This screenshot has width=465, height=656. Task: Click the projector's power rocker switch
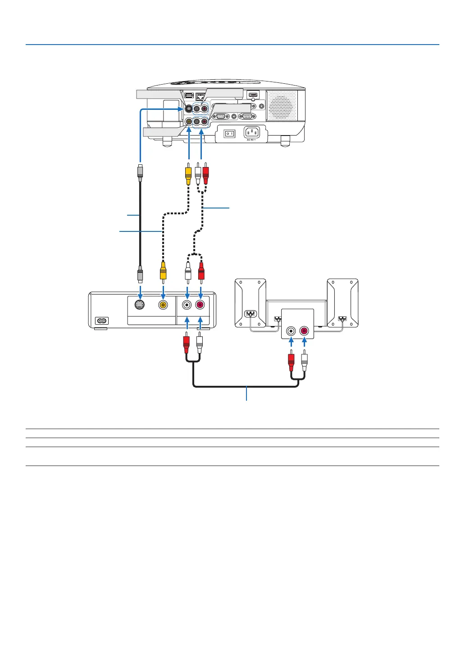coord(230,133)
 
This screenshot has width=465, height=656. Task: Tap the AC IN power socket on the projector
coord(252,132)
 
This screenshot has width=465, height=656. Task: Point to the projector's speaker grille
coord(282,106)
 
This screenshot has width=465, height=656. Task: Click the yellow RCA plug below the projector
coord(188,174)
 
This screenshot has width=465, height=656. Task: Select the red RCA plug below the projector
coord(205,174)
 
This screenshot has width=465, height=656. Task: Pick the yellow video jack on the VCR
coord(163,305)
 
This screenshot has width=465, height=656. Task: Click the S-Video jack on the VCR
coord(140,305)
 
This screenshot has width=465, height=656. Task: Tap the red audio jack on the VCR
coord(200,305)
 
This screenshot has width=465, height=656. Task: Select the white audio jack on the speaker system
coord(292,331)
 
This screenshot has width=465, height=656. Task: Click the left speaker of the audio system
coord(251,303)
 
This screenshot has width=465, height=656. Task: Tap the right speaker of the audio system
coord(342,303)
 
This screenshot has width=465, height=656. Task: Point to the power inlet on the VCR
coord(102,321)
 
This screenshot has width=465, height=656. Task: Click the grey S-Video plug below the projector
coord(140,172)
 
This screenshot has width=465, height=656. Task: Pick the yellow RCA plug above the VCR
coord(163,271)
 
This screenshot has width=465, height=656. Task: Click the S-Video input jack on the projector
coord(188,109)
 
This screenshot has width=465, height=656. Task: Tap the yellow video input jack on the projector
coord(188,122)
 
